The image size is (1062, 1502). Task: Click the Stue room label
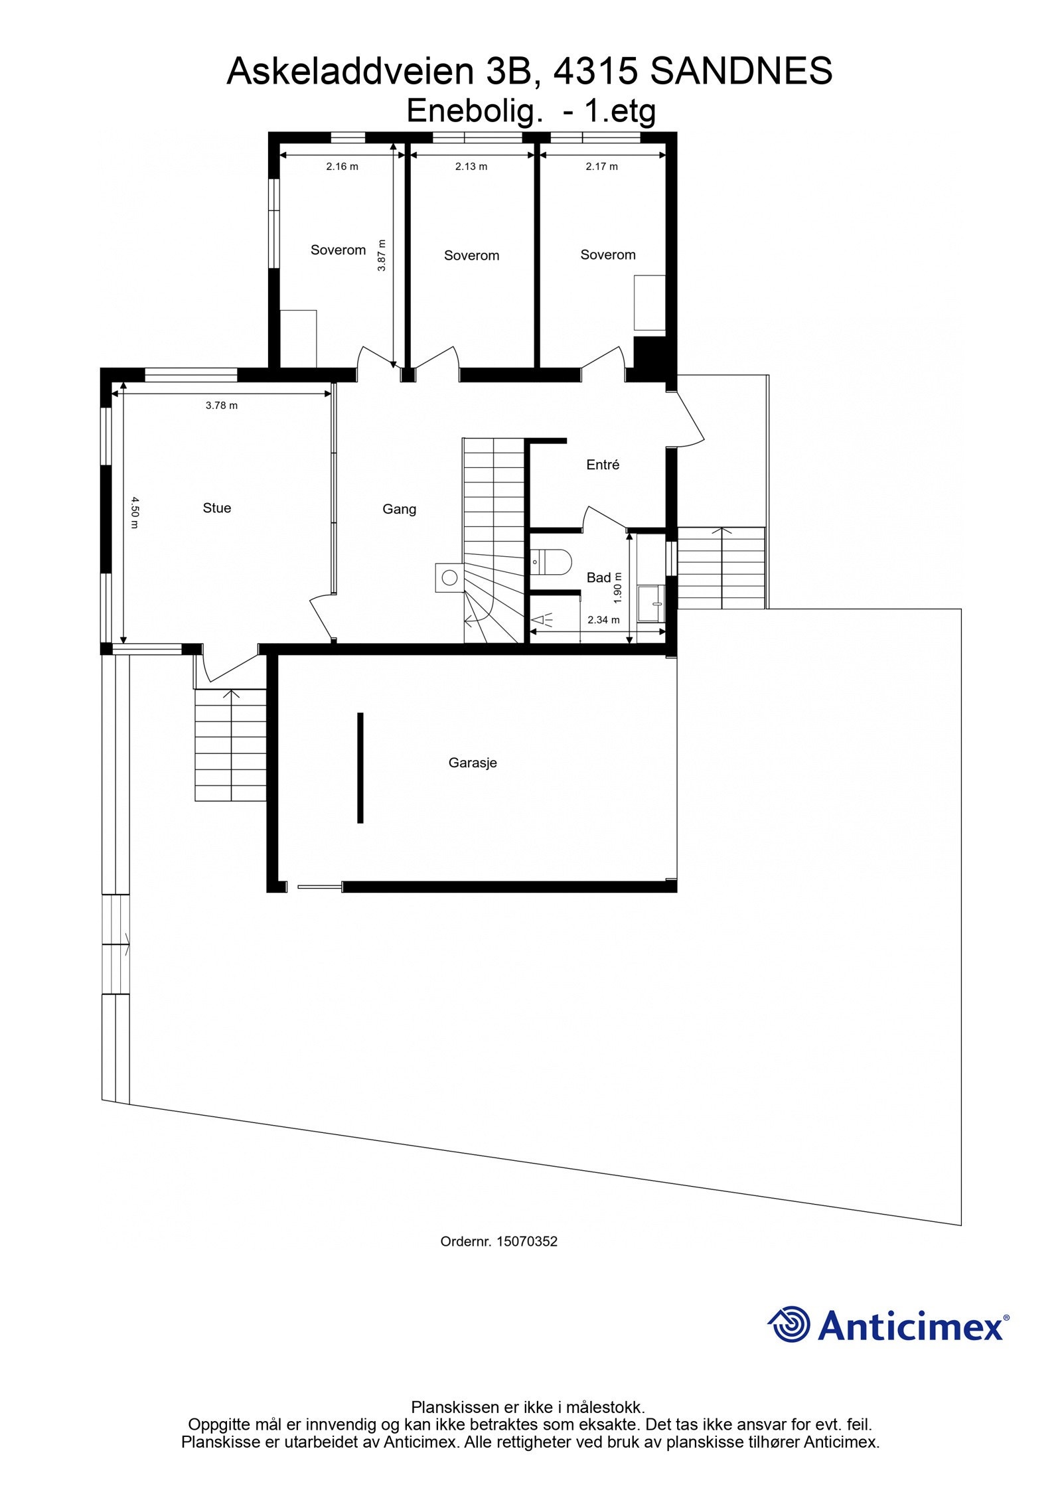216,508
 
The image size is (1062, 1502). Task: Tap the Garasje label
472,763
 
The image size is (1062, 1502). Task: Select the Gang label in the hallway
399,509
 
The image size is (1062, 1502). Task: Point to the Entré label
603,465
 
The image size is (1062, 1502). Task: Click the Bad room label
598,578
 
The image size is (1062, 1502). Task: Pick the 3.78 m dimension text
222,406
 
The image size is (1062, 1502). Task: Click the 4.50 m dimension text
135,512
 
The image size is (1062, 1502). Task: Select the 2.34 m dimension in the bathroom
603,620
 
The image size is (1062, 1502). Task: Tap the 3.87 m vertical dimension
381,255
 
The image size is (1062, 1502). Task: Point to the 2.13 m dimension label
471,167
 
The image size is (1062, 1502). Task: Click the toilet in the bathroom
552,562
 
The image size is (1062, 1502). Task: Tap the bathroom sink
651,603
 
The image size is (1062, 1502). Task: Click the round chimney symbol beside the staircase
449,577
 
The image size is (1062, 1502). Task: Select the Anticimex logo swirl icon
789,1323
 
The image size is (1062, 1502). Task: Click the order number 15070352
526,1241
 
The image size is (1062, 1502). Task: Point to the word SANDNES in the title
741,72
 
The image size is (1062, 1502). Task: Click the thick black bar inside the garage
360,768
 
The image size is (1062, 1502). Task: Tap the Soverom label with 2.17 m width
607,255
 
